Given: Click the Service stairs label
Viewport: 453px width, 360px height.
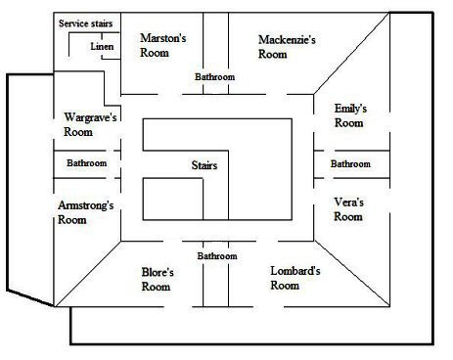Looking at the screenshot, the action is [x=86, y=23].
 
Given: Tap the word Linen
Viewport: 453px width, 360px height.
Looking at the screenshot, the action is [x=102, y=46].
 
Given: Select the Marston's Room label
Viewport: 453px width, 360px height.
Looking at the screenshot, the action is [x=163, y=45].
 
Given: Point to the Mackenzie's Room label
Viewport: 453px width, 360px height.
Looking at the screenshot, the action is [x=287, y=47].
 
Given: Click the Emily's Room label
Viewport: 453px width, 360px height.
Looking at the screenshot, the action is [x=350, y=115].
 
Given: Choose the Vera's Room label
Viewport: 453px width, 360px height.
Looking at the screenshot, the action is [x=348, y=209].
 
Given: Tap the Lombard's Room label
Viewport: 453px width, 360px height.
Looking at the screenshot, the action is [x=295, y=278].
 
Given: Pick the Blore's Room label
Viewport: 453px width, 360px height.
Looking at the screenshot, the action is [x=158, y=280].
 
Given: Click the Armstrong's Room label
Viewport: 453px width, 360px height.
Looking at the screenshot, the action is [x=86, y=212].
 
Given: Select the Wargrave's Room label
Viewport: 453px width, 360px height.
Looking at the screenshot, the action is [x=90, y=124].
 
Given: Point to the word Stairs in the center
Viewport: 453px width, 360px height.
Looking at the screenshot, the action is [x=204, y=165].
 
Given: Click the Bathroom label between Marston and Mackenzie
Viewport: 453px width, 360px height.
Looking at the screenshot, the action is [x=215, y=77].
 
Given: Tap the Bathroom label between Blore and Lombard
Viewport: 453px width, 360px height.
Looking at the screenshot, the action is [x=217, y=256].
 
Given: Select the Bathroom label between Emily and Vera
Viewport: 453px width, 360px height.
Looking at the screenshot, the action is [x=350, y=163].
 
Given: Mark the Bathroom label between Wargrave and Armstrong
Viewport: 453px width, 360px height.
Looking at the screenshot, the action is [x=87, y=163].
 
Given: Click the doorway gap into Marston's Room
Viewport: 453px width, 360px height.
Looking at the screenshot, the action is [x=170, y=95].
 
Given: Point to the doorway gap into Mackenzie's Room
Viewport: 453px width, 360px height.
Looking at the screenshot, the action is [x=277, y=95].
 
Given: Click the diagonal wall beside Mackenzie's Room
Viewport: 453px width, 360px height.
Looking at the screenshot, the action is [x=351, y=54].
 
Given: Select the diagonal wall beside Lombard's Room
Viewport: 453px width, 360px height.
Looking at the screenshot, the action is [x=352, y=274].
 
